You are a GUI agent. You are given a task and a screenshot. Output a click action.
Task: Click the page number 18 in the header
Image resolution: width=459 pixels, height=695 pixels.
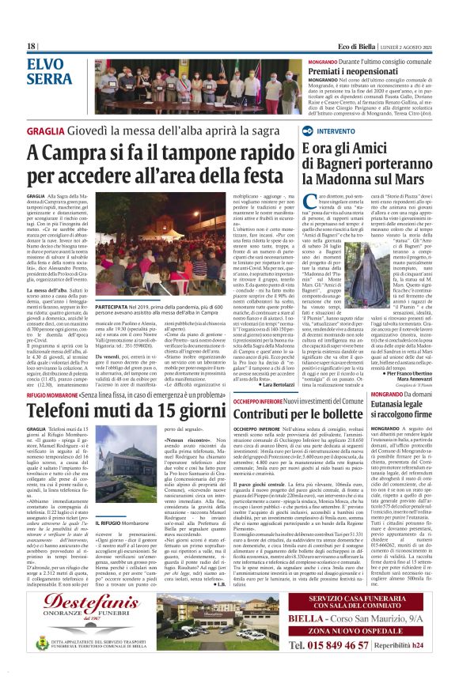coord(32,46)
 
